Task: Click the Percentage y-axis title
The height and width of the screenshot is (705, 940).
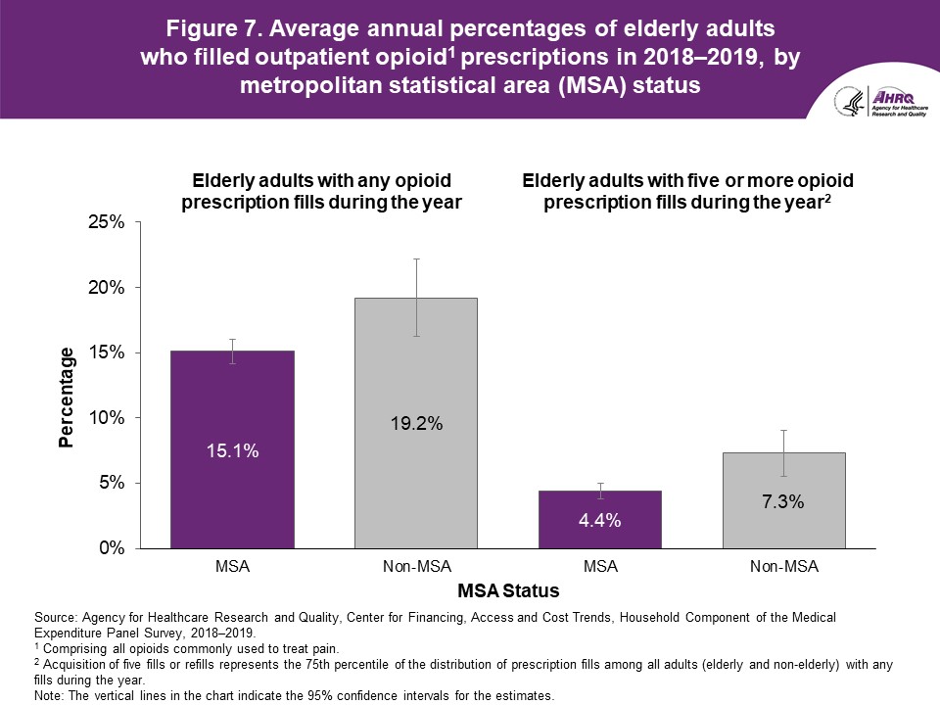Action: [x=67, y=397]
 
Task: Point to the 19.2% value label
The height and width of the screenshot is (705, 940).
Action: [x=416, y=424]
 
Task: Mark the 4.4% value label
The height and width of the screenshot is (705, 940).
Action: [x=600, y=521]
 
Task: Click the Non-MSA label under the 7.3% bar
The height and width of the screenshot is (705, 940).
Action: [x=783, y=567]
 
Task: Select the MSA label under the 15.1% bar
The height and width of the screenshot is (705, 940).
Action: [x=232, y=567]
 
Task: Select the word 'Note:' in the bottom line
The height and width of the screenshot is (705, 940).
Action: [x=48, y=695]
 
